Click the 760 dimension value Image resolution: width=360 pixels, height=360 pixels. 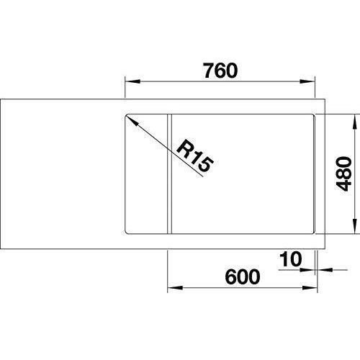click(x=220, y=71)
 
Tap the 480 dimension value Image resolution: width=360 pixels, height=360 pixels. click(x=343, y=174)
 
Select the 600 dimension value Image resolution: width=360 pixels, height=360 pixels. click(x=243, y=276)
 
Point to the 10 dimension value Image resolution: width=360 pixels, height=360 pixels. click(x=290, y=259)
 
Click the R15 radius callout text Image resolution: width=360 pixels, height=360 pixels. click(x=194, y=156)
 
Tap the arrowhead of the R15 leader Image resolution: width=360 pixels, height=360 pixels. click(x=132, y=121)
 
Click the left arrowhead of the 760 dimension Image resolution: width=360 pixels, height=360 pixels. click(x=132, y=81)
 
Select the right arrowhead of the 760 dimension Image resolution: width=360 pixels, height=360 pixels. click(x=307, y=81)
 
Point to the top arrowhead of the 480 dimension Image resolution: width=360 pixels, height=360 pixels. click(x=354, y=122)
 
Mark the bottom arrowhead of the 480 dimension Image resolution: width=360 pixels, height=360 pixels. click(x=354, y=225)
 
